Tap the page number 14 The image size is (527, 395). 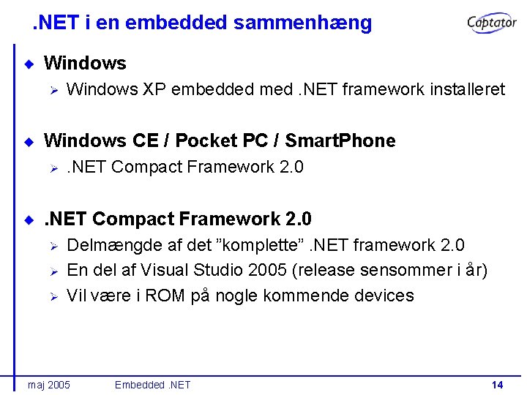click(497, 385)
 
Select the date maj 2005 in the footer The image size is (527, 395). click(48, 385)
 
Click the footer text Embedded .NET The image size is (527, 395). click(152, 385)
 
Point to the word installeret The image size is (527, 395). click(463, 89)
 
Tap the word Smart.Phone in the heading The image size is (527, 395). click(340, 140)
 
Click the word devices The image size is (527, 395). click(385, 296)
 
